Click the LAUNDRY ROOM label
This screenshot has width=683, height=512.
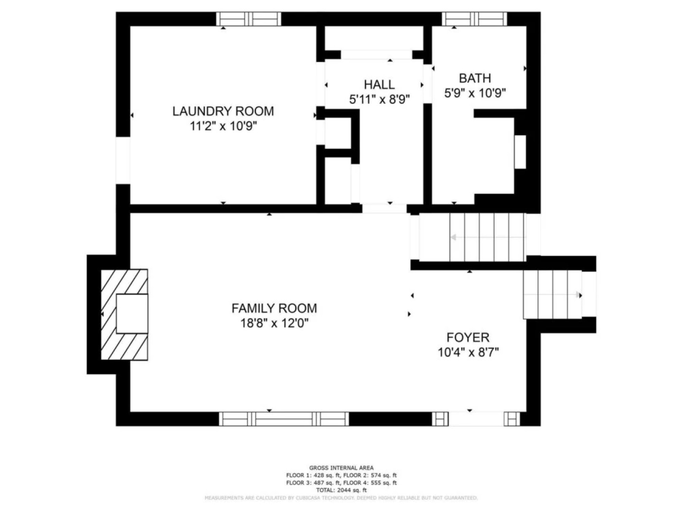[x=223, y=111]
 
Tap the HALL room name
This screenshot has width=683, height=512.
[x=379, y=84]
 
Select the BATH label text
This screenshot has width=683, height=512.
[x=475, y=78]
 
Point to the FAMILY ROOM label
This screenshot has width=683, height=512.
[x=274, y=308]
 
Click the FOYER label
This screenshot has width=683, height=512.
[x=468, y=338]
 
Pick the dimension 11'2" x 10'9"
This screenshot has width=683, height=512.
[x=223, y=126]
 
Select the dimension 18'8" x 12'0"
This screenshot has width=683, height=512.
[x=274, y=323]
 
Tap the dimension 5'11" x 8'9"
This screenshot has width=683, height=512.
[x=379, y=100]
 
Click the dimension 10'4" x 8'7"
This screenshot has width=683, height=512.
[x=468, y=353]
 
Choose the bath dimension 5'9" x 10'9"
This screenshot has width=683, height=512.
[x=475, y=93]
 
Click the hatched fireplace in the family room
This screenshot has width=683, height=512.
[x=124, y=314]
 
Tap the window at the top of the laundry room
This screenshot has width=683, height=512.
[x=249, y=19]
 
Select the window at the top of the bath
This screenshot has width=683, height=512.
[x=474, y=19]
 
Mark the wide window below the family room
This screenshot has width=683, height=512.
[x=284, y=419]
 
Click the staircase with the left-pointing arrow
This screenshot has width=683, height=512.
[x=472, y=237]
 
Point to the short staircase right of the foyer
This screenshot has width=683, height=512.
[x=553, y=294]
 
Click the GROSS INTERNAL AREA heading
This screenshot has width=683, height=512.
[x=341, y=468]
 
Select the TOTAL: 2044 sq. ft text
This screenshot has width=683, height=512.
[x=341, y=490]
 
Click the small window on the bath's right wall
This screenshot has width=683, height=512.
[x=520, y=152]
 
